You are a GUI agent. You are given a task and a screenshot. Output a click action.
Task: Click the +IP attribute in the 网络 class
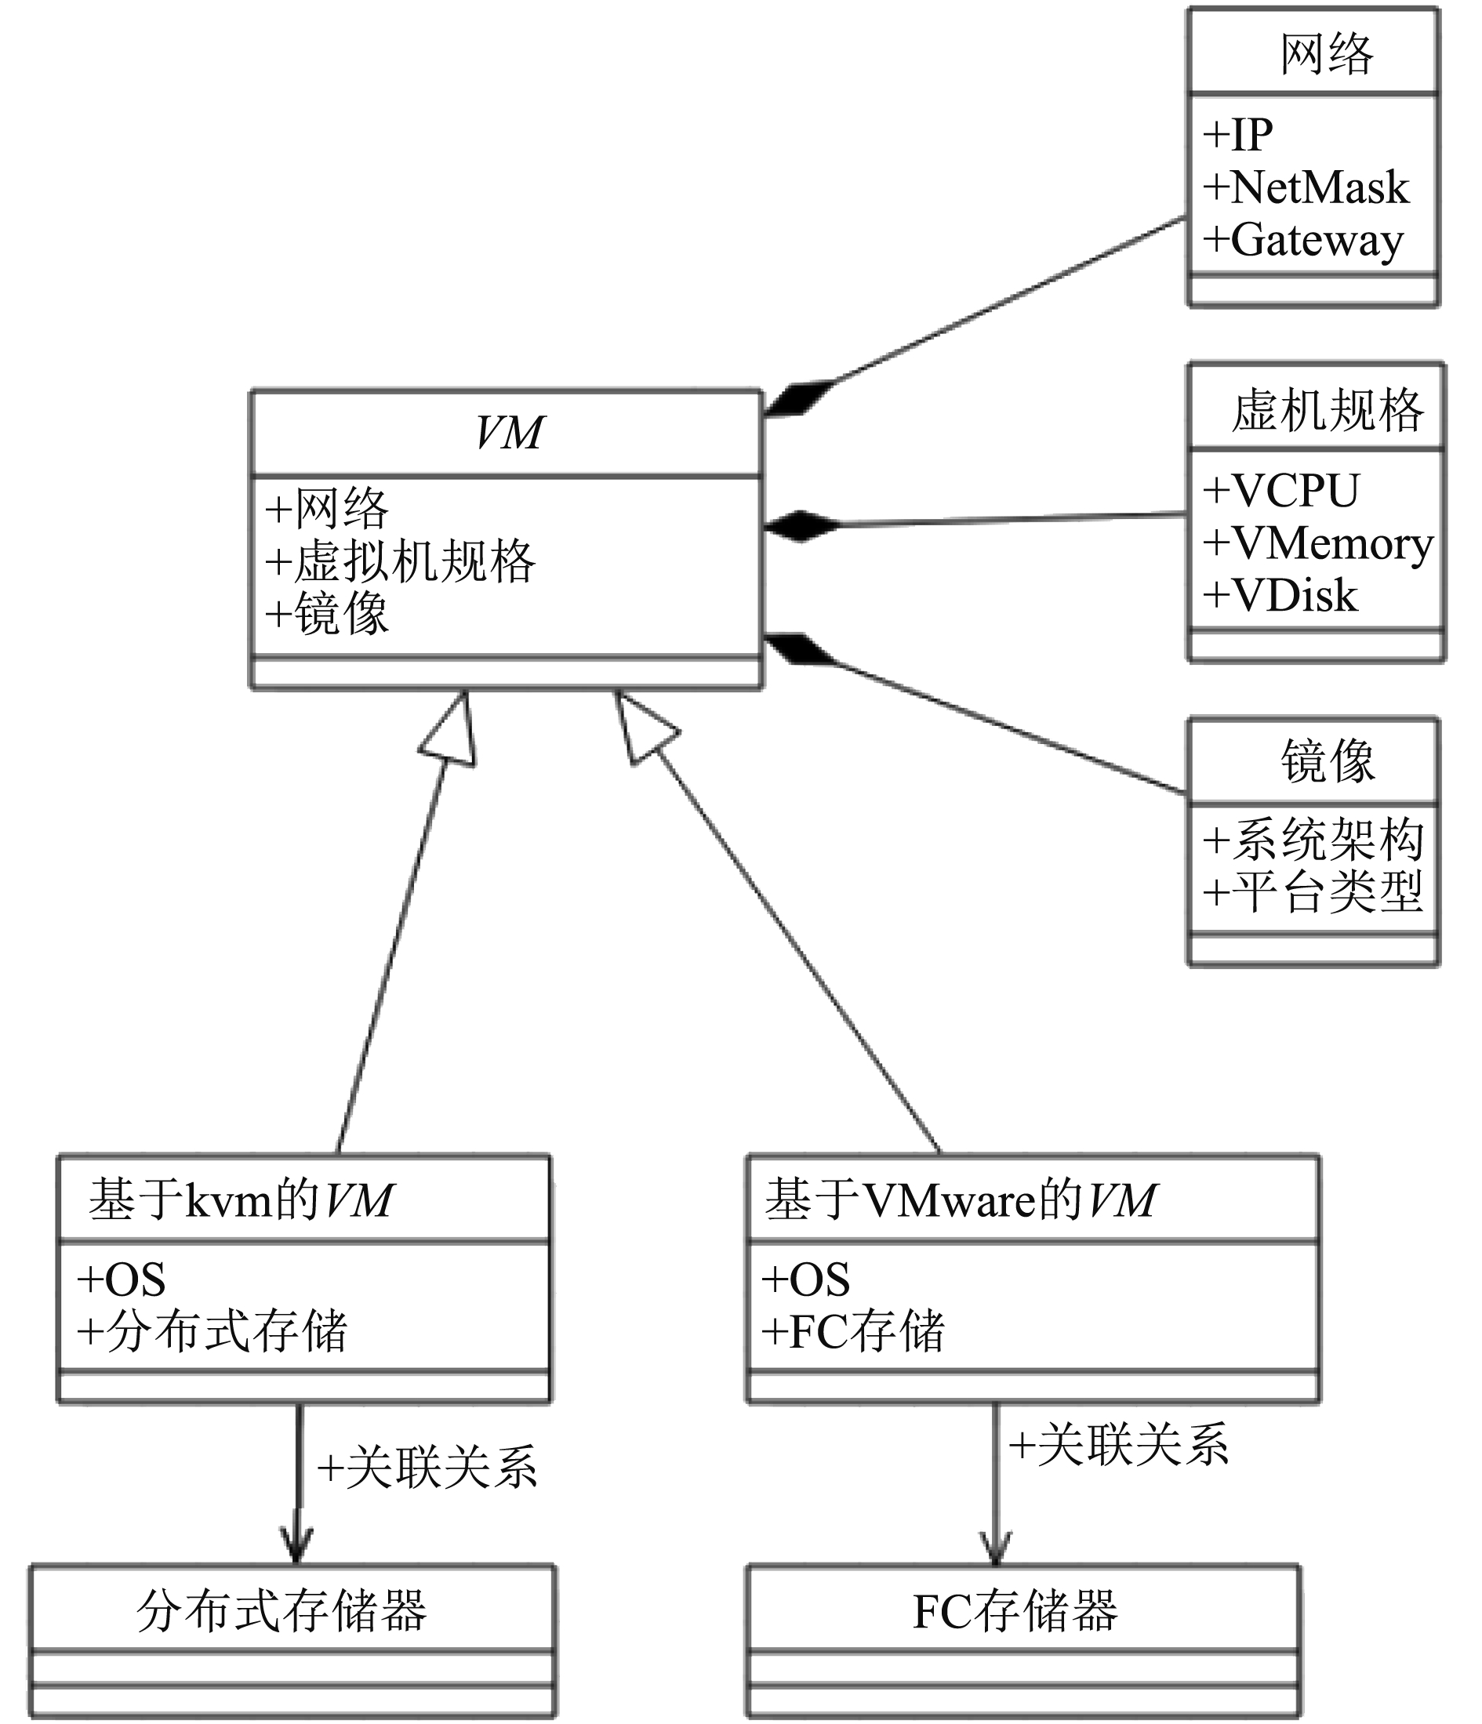coord(1237,135)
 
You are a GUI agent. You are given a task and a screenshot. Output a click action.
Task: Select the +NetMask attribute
coord(1306,187)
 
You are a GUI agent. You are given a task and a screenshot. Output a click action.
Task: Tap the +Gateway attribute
coord(1303,241)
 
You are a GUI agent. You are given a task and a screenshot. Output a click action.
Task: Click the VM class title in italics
coord(509,433)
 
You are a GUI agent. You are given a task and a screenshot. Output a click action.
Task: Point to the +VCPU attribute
coord(1281,490)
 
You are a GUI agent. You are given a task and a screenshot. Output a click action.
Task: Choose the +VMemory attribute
coord(1319,544)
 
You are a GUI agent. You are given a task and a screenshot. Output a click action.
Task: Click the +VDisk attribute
coord(1280,596)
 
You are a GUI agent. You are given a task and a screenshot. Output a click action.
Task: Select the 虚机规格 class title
coord(1327,410)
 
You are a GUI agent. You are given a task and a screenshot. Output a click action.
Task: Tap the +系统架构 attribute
coord(1313,839)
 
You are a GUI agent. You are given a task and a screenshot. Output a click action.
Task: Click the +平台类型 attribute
coord(1313,892)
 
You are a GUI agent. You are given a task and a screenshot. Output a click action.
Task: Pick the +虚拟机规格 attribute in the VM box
coord(400,561)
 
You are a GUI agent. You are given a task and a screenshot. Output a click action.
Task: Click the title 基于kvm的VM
coord(242,1200)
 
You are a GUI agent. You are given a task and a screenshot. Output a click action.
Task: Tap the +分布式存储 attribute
coord(212,1331)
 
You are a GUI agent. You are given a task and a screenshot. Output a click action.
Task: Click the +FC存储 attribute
coord(854,1331)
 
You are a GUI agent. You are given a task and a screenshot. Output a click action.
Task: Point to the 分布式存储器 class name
coord(282,1612)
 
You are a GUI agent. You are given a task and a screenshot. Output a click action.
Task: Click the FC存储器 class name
coord(1015,1612)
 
